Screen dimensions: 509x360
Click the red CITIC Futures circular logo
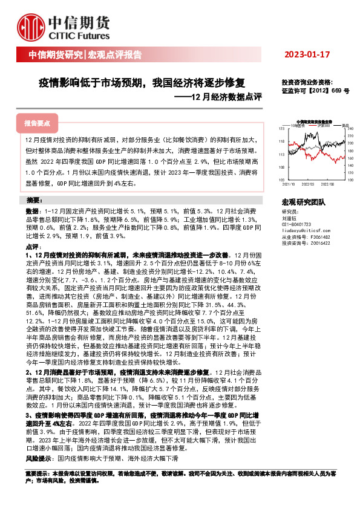pyautogui.click(x=29, y=28)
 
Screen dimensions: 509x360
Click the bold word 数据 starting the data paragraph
pyautogui.click(x=31, y=211)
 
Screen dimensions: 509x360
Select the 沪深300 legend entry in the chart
pyautogui.click(x=323, y=125)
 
